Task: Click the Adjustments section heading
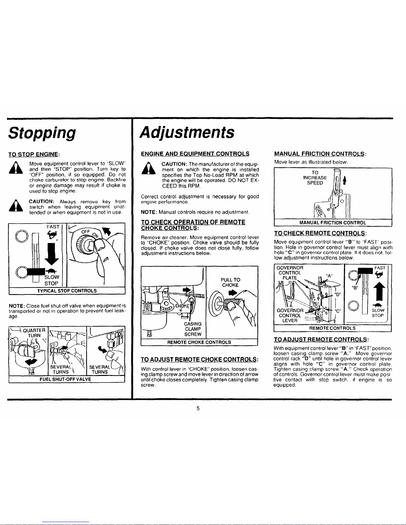pos(187,132)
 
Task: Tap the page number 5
pos(198,408)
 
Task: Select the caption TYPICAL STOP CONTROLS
pos(67,291)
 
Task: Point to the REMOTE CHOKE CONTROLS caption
pos(199,342)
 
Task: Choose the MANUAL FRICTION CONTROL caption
pos(333,223)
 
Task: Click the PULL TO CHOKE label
pos(231,283)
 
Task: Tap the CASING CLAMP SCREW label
pos(193,329)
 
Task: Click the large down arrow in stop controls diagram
pos(52,254)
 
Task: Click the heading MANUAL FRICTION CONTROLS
pos(320,154)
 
